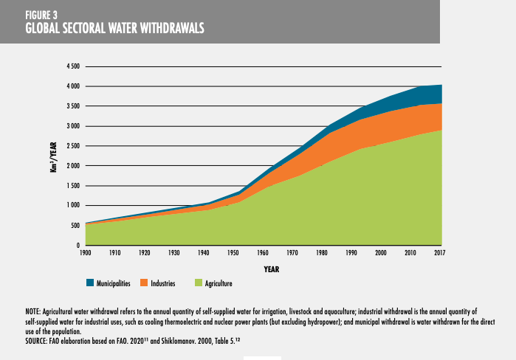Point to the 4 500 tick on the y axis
pos(73,66)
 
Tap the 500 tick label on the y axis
pos(75,225)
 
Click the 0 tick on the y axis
pos(78,245)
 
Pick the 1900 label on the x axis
pos(86,253)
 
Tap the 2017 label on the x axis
pos(441,253)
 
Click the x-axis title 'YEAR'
pos(271,269)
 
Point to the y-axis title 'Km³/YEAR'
pos(45,157)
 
